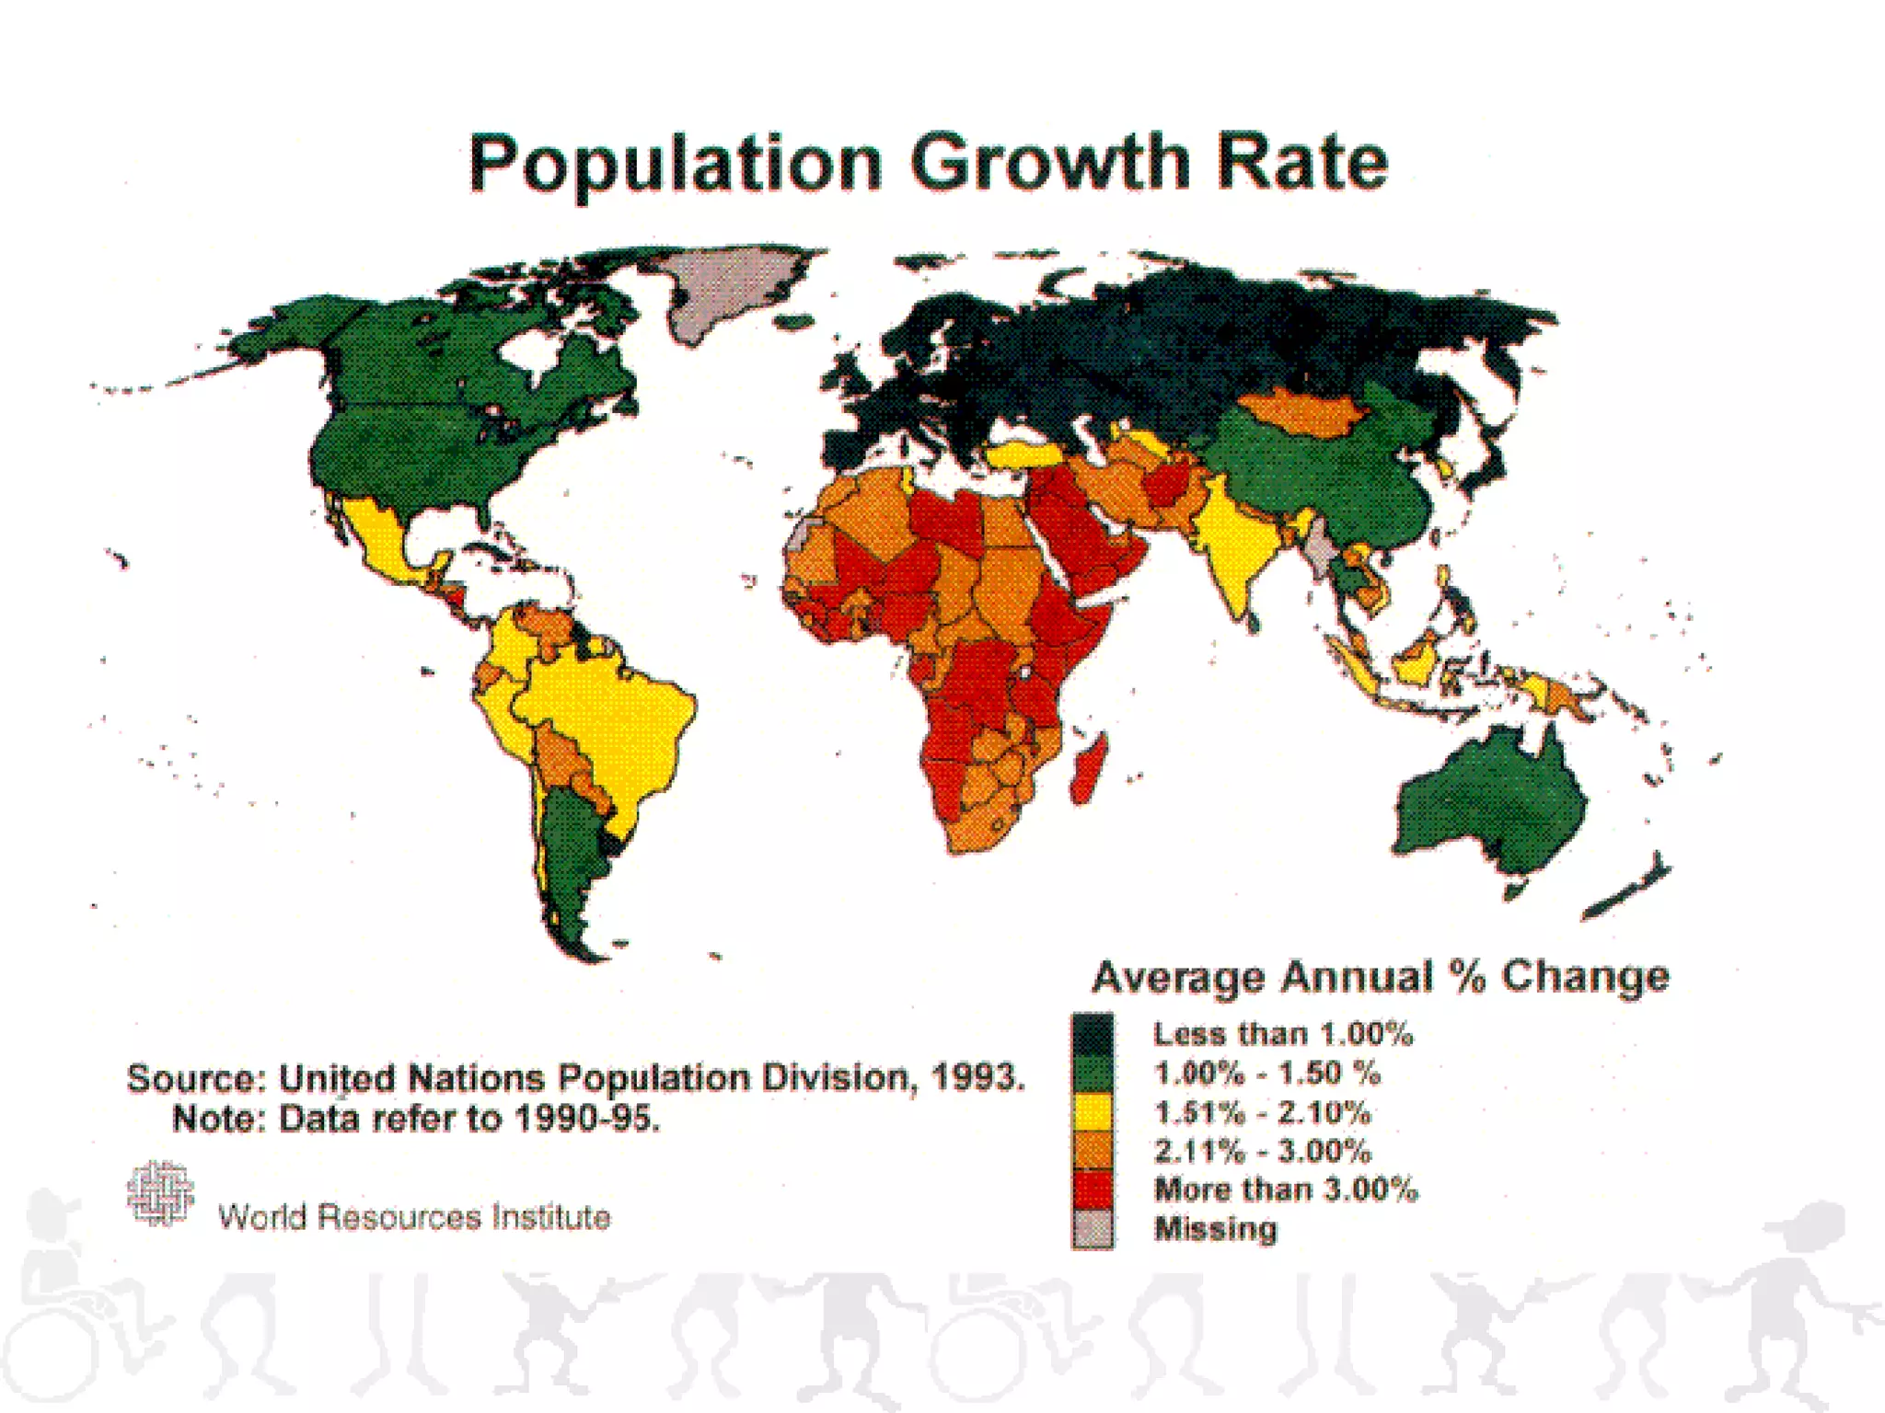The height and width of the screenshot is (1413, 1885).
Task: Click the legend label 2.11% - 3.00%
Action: point(1263,1151)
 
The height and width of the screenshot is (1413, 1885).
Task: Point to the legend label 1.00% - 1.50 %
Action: point(1266,1074)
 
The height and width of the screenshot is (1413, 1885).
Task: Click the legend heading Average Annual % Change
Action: point(1380,977)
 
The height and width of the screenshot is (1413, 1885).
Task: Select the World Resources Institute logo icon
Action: point(160,1193)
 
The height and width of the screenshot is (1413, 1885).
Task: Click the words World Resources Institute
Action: point(414,1217)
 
